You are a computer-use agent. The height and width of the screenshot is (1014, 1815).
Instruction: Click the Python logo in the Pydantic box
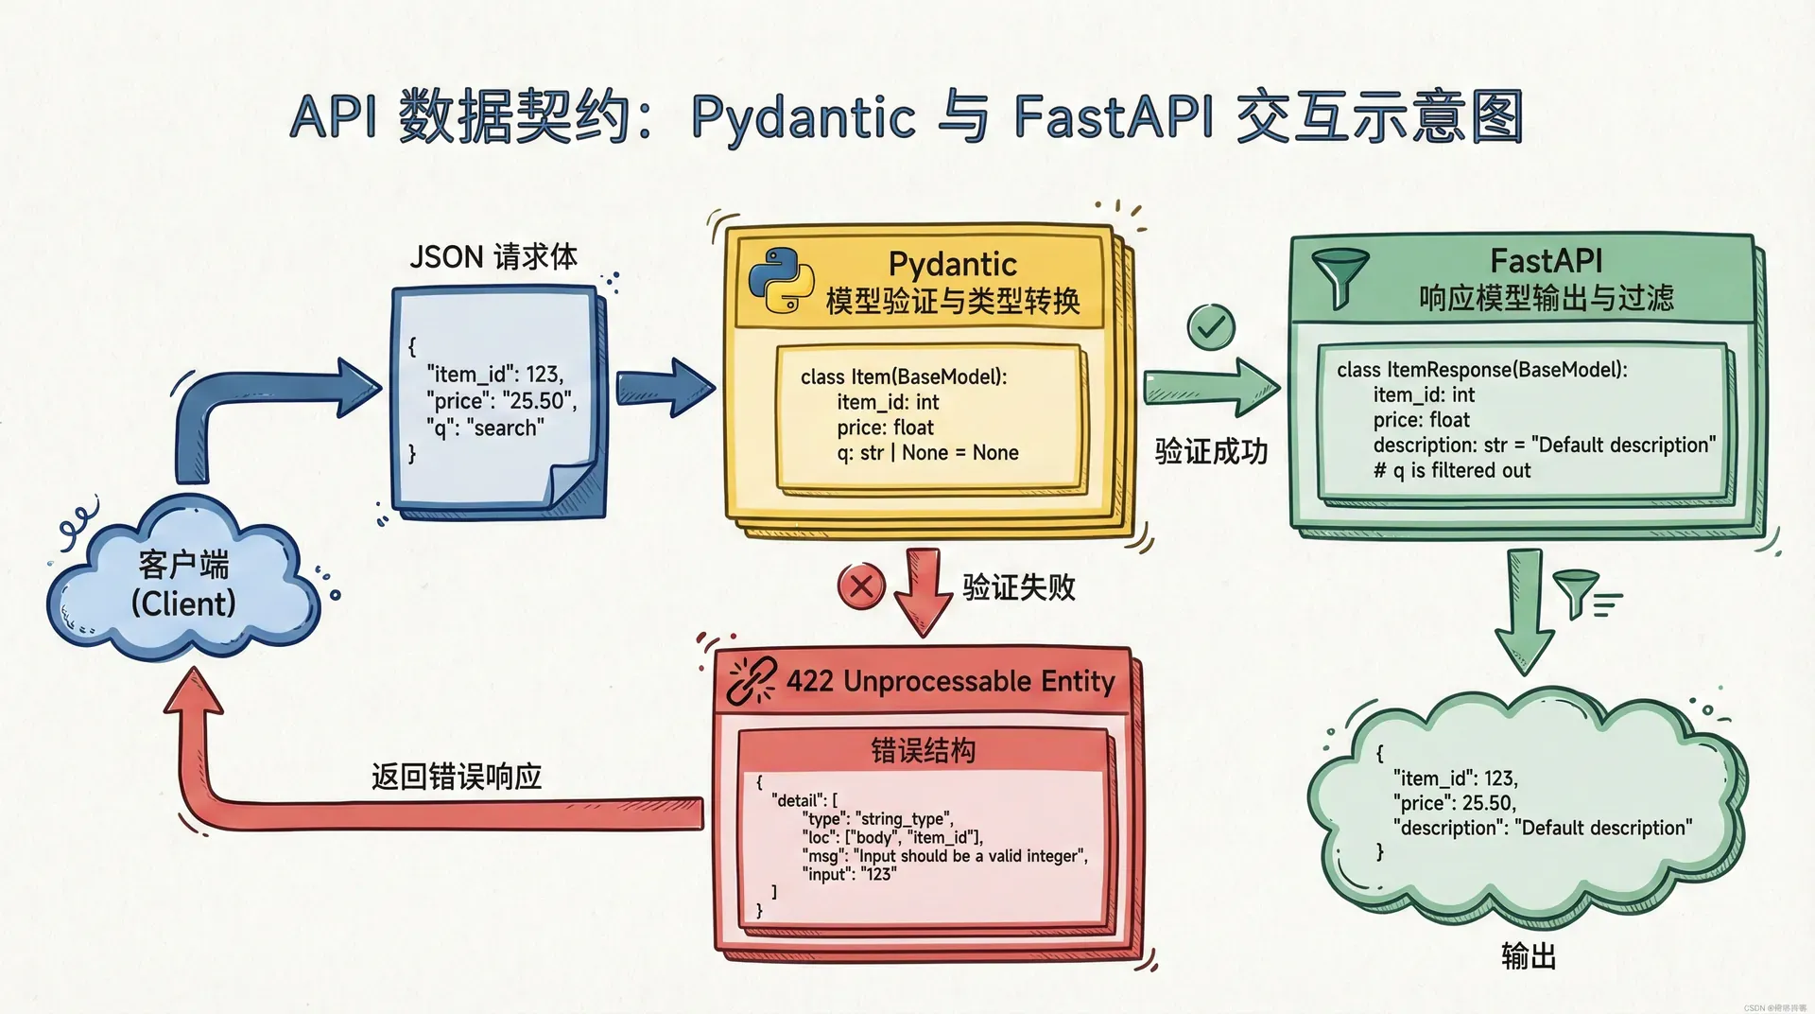point(781,281)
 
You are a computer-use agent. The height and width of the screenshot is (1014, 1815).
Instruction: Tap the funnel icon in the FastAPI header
point(1339,276)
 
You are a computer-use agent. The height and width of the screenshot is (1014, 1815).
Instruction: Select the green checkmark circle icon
point(1210,327)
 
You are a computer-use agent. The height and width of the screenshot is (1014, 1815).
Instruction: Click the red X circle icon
point(860,586)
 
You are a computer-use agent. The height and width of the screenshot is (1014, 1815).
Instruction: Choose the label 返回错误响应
point(457,777)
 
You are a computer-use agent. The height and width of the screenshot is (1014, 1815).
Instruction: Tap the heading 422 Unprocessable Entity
point(950,681)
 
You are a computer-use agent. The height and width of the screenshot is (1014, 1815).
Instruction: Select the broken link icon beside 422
point(752,681)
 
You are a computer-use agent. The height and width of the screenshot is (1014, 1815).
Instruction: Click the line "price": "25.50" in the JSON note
point(501,401)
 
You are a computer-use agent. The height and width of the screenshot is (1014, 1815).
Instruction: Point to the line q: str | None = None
point(927,453)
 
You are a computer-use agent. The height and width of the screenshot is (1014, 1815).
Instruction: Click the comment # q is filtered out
point(1452,471)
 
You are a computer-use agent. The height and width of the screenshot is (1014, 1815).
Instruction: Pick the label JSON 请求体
point(493,256)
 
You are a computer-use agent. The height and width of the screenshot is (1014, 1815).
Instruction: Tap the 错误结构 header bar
point(923,751)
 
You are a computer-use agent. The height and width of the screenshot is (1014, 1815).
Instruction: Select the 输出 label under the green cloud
point(1528,956)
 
